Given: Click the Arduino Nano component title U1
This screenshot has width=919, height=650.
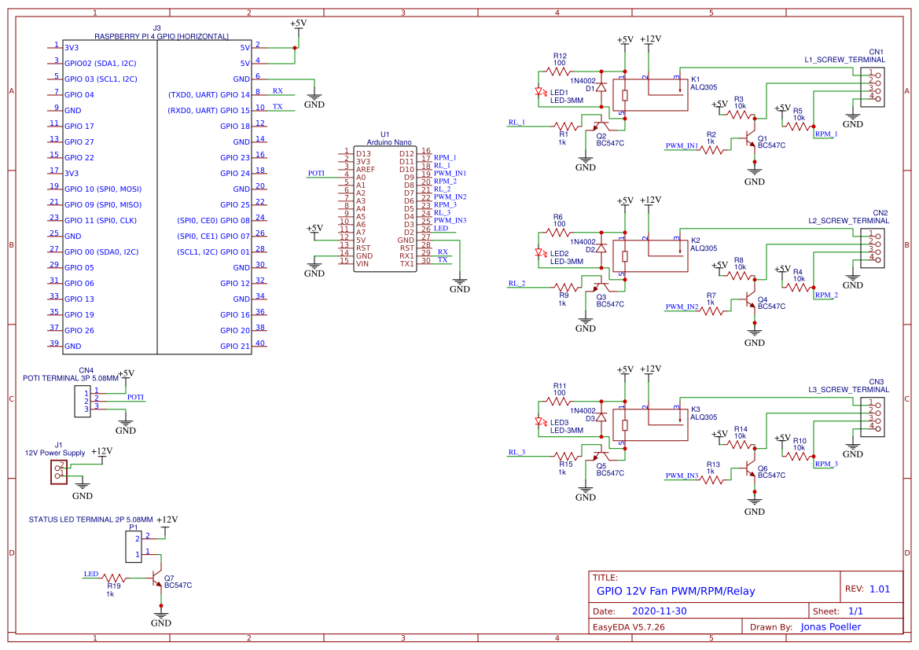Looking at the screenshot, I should click(384, 135).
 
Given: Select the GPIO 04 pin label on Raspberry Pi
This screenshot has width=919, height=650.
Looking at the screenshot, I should click(79, 94).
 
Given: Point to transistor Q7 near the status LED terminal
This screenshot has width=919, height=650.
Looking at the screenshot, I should click(158, 578).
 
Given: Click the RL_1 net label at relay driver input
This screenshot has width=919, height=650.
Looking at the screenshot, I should click(516, 123).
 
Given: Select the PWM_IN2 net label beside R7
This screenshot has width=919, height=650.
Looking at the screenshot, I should click(682, 307).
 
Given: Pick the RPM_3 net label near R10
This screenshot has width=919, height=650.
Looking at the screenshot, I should click(826, 464).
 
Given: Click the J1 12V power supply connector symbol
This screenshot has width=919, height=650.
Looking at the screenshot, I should click(58, 472).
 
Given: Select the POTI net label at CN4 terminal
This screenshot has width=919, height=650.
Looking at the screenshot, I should click(135, 398).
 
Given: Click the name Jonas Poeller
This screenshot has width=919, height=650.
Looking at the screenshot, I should click(830, 627).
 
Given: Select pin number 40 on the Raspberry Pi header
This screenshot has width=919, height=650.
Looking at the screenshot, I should click(259, 343).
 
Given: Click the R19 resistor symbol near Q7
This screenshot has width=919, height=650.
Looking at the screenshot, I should click(113, 578).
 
